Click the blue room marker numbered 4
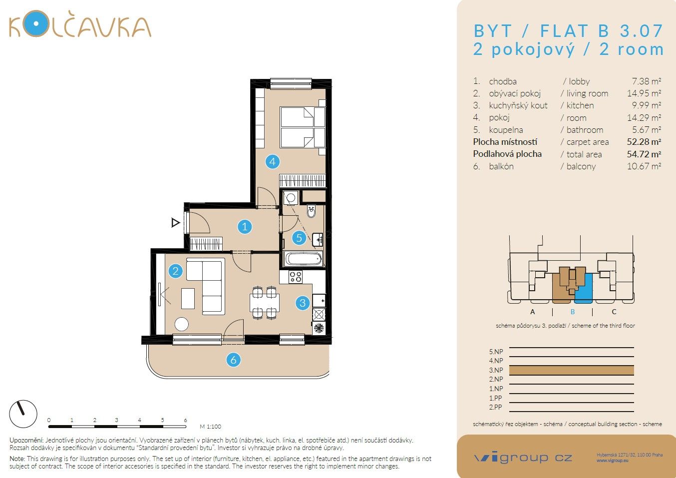[272, 161]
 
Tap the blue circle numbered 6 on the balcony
[233, 360]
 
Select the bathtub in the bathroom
[303, 259]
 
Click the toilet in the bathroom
[312, 211]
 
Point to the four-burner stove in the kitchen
[296, 277]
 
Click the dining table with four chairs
[264, 302]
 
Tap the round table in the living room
[181, 324]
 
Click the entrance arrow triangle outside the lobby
[175, 223]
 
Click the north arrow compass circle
[23, 414]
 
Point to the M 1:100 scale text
[210, 427]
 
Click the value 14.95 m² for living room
[644, 93]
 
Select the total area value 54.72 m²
[644, 154]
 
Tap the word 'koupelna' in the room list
[506, 130]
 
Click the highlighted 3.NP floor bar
[571, 370]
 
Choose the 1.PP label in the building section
[495, 398]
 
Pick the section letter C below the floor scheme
[614, 312]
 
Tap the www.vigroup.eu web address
[612, 461]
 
